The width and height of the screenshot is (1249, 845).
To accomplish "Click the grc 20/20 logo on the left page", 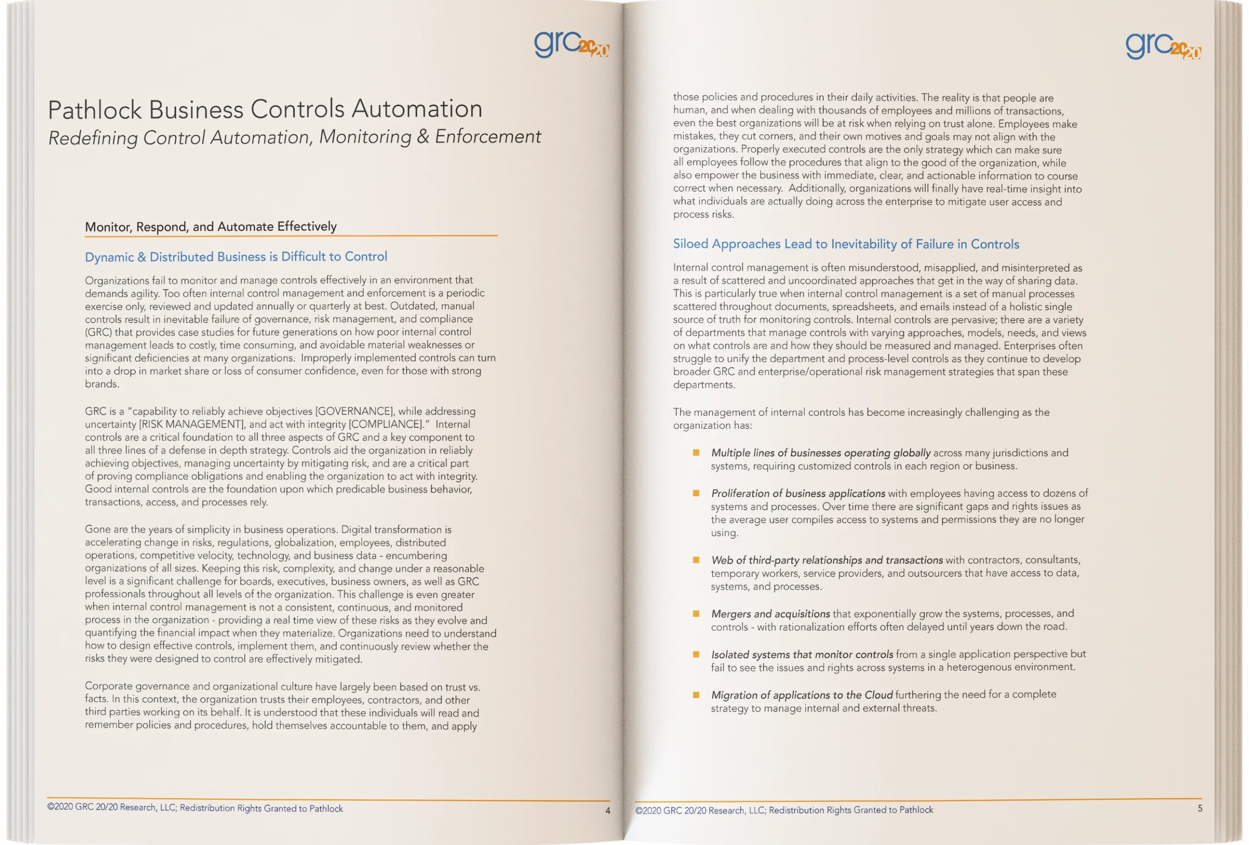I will click(571, 44).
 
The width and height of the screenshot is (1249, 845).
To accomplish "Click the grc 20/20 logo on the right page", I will click(1163, 46).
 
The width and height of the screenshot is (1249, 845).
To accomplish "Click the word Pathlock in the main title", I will click(95, 110).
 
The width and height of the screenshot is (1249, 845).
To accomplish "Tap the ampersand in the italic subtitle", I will click(423, 137).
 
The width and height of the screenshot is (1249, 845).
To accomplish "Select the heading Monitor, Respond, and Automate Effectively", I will click(211, 227).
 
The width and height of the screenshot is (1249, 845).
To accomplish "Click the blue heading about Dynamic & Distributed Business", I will click(236, 257).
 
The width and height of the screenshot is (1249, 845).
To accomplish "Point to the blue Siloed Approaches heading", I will click(846, 244).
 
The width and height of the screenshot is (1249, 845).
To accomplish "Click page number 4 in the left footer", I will click(607, 810).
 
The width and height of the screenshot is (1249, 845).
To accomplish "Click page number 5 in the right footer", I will click(1200, 808).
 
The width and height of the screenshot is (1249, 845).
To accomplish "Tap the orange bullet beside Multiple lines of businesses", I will click(696, 453).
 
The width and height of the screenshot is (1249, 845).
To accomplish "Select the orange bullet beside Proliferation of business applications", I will click(696, 493).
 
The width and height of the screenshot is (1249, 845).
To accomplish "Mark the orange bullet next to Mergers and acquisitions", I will click(696, 613).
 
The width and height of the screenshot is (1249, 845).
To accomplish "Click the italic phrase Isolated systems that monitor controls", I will click(802, 654).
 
